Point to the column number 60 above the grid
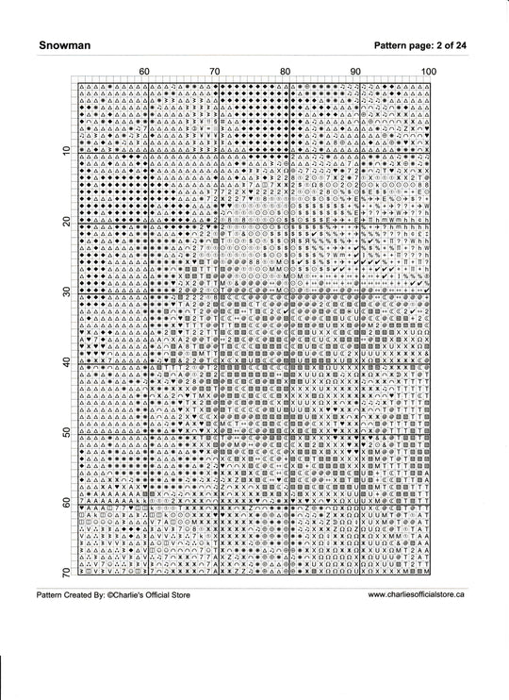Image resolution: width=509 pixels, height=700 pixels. pos(143,72)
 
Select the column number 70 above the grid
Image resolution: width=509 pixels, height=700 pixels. pos(214,72)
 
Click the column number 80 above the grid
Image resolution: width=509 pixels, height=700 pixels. pos(285,72)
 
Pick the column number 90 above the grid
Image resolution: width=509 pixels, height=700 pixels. pos(355,72)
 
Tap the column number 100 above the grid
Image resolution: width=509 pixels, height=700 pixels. pos(428,72)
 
